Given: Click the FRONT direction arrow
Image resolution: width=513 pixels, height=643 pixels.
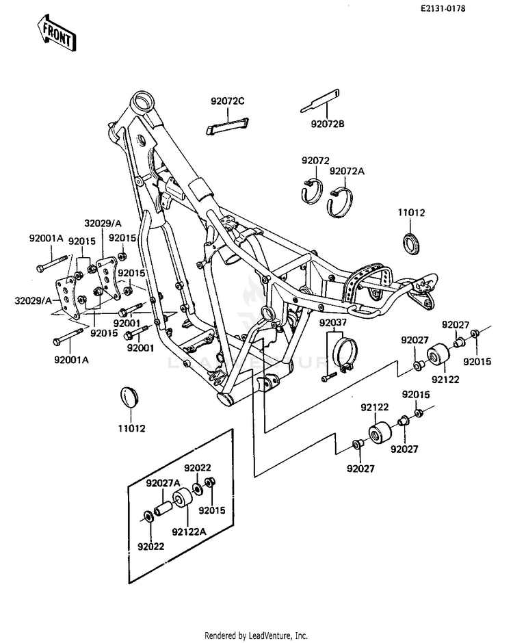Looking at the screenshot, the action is [x=57, y=33].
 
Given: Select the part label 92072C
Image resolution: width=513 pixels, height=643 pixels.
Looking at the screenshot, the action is [x=228, y=101].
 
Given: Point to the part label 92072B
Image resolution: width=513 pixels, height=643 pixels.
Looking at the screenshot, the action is [x=328, y=124].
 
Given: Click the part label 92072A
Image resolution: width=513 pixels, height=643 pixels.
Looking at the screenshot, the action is [x=347, y=172].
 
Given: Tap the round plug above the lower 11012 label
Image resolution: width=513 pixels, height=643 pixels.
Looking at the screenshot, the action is [x=129, y=397].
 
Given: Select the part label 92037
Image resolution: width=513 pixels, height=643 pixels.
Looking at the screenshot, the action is [x=333, y=323].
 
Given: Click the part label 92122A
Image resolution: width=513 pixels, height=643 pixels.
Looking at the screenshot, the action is [x=189, y=532].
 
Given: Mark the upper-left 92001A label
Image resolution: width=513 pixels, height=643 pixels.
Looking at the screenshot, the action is [x=46, y=238].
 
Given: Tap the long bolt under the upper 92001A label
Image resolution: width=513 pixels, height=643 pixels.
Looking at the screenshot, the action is [x=52, y=263].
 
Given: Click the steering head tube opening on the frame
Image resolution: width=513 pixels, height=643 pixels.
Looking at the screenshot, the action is [x=142, y=100].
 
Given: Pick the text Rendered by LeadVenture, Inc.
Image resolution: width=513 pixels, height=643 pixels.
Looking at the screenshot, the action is [x=256, y=635].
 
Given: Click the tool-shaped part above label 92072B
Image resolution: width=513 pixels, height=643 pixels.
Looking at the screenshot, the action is [x=320, y=101].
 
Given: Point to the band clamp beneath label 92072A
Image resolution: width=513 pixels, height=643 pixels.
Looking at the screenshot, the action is [x=340, y=201].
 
